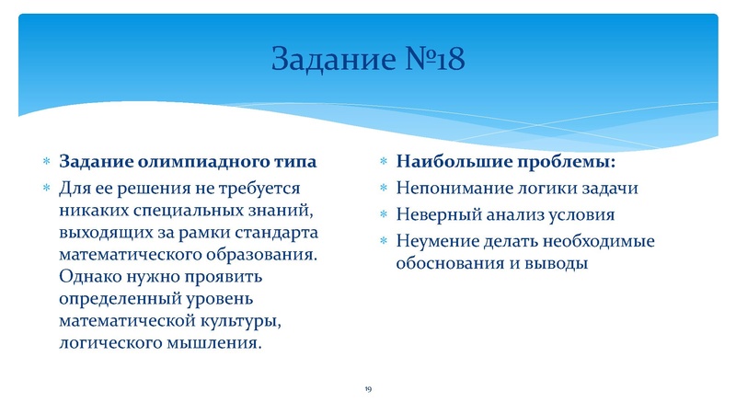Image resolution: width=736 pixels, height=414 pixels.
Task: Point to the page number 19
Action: click(x=367, y=390)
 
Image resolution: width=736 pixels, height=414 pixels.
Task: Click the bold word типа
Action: click(x=295, y=163)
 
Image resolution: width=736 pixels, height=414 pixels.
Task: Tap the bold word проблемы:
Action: click(x=565, y=163)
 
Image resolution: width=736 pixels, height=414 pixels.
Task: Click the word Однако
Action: click(x=90, y=276)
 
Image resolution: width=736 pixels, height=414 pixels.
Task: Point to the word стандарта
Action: click(x=279, y=232)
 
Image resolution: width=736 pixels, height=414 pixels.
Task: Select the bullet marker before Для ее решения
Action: click(x=46, y=189)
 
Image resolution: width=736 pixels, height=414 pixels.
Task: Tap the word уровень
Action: click(x=230, y=298)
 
